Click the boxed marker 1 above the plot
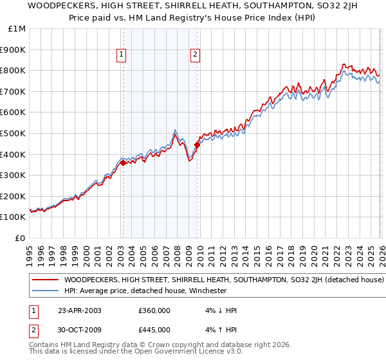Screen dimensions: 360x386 (122, 55)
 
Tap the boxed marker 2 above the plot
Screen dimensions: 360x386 (194, 55)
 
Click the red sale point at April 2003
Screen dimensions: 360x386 (123, 163)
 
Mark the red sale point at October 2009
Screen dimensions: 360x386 (197, 145)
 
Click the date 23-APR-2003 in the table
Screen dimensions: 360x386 (79, 310)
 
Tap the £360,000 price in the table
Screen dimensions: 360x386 (154, 310)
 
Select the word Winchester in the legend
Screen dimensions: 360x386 (207, 291)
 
